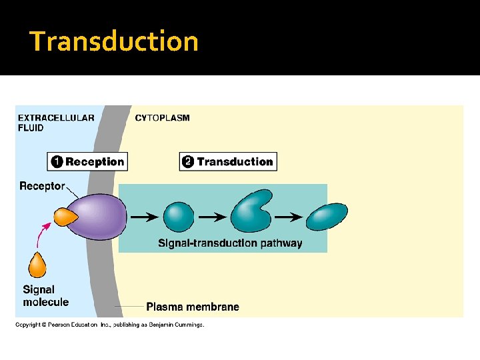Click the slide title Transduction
[x=114, y=41]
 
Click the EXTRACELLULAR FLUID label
[x=55, y=123]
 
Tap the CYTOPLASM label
[x=162, y=118]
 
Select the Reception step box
[x=87, y=161]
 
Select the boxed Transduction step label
[x=227, y=161]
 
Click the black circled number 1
[x=57, y=161]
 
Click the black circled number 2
[x=188, y=161]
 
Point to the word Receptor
[x=42, y=186]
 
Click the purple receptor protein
[x=100, y=217]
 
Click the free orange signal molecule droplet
[x=37, y=265]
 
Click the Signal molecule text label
[x=45, y=296]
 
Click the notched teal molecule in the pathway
[x=251, y=211]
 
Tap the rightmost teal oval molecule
[x=327, y=217]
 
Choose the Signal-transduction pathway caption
[x=230, y=243]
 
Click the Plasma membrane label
[x=192, y=307]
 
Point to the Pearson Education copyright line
[x=110, y=325]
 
